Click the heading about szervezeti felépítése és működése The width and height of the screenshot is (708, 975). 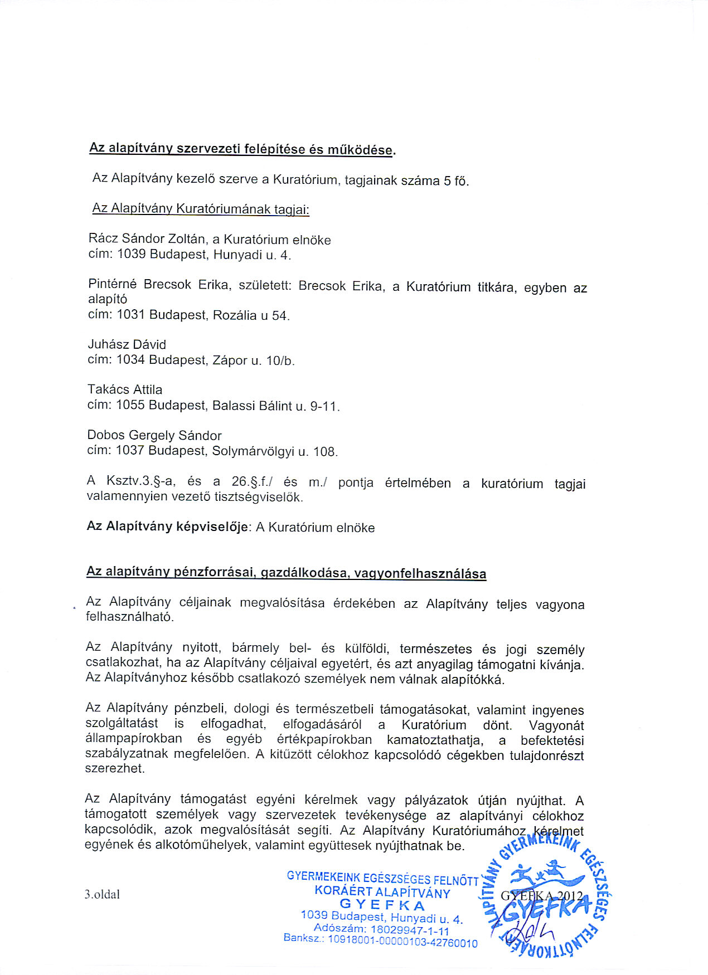[242, 149]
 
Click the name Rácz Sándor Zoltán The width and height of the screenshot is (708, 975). [147, 239]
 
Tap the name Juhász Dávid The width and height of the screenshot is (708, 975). [127, 344]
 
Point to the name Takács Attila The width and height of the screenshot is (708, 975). [125, 389]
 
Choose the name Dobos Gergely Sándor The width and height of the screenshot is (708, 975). [154, 435]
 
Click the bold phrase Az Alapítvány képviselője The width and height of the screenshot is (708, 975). [167, 526]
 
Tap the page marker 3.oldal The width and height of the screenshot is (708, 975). [102, 894]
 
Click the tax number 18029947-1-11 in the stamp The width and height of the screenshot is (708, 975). [409, 929]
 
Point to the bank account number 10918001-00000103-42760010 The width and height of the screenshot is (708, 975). [402, 943]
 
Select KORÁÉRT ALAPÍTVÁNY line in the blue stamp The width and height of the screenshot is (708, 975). [382, 891]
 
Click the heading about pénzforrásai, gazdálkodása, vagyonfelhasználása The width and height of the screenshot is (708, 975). [286, 572]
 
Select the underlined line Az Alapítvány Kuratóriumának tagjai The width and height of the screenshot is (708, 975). [200, 209]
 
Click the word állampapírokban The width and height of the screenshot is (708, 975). [133, 739]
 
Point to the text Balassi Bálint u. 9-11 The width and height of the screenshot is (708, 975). [275, 406]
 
